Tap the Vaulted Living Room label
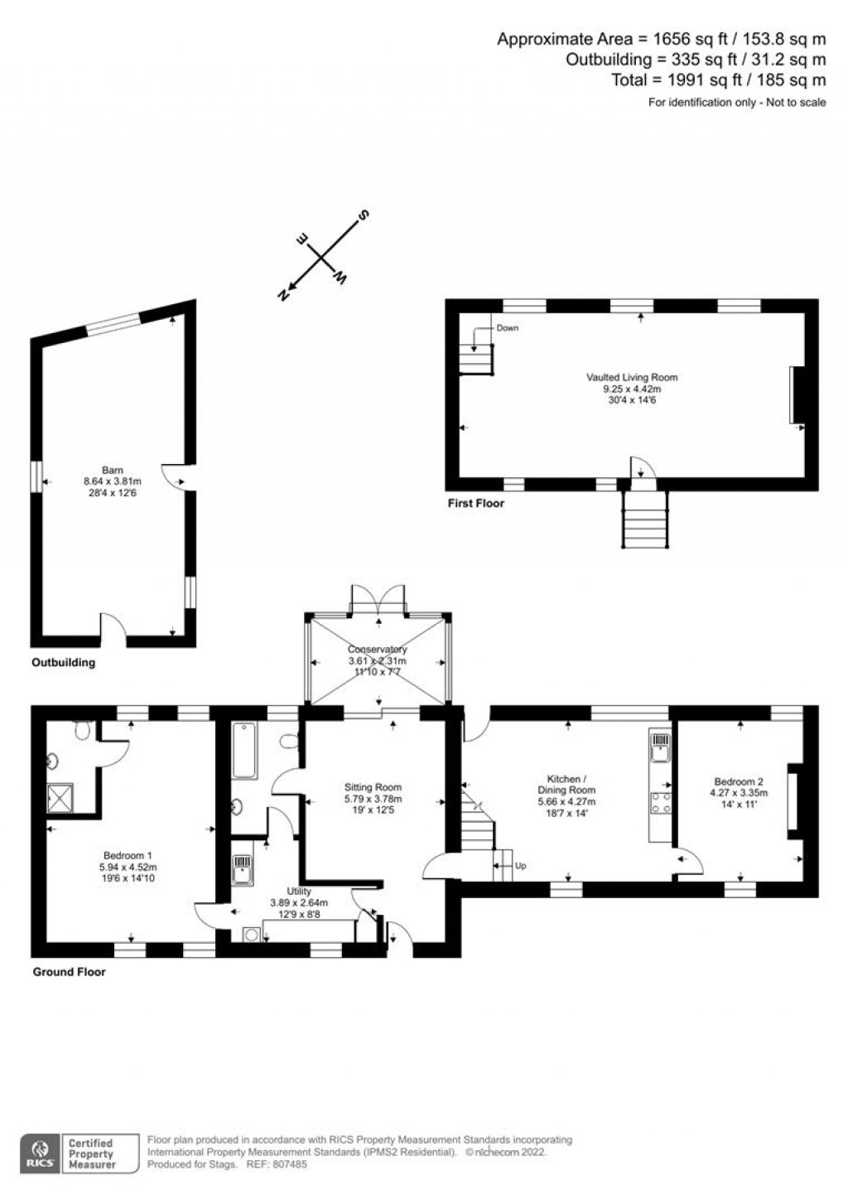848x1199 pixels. [x=632, y=377]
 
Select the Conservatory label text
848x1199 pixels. [x=377, y=650]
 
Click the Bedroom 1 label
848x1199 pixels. [x=128, y=855]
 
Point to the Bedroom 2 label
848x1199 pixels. [x=738, y=781]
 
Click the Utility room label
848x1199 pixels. [x=299, y=892]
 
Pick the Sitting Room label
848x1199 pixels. [x=373, y=787]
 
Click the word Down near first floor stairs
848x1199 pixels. [x=508, y=328]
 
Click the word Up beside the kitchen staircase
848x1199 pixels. [x=520, y=865]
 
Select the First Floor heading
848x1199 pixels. [x=475, y=503]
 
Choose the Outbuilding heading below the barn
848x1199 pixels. [x=63, y=662]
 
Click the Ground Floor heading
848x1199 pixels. [x=69, y=971]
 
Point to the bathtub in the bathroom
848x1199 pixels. [x=244, y=751]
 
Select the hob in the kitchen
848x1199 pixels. [x=661, y=802]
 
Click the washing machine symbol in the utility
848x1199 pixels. [x=251, y=934]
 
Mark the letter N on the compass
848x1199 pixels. [x=284, y=294]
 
